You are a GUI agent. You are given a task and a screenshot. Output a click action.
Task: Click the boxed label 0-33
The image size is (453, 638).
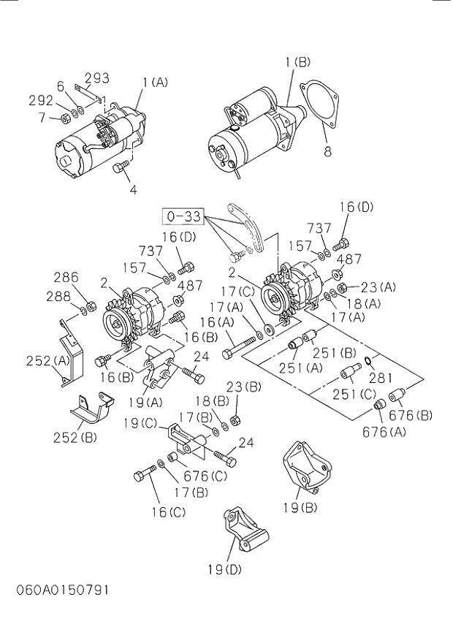(183, 217)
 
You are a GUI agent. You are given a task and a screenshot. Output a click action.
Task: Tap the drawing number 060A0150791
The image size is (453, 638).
(55, 589)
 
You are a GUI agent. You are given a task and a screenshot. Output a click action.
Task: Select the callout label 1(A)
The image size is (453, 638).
(155, 83)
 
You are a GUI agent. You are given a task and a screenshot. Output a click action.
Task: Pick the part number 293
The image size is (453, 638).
(97, 77)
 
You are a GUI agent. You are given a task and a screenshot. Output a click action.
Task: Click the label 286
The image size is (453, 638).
(66, 277)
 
